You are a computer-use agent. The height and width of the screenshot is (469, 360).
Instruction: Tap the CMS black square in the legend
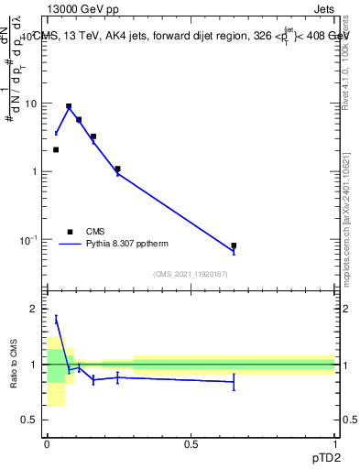(69, 232)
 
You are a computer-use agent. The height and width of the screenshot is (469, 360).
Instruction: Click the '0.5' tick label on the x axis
(191, 443)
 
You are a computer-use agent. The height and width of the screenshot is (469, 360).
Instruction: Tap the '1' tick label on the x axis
(334, 443)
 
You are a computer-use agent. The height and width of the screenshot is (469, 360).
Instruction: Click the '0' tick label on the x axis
(47, 443)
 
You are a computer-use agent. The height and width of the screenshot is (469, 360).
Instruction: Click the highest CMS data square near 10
(69, 106)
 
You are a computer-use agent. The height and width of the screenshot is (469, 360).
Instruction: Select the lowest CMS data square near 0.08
(234, 245)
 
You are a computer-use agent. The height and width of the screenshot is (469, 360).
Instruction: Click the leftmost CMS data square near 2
(56, 149)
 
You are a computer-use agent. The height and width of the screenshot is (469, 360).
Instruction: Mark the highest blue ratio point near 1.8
(56, 319)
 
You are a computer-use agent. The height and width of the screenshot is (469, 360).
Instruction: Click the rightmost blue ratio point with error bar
(234, 381)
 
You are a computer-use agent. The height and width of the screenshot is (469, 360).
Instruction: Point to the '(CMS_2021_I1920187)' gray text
(190, 274)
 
